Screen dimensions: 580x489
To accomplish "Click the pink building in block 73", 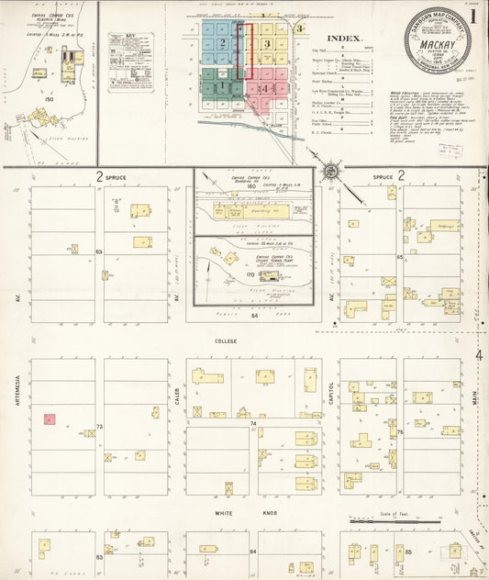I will (50, 418).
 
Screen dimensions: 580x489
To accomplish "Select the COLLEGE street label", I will (226, 340).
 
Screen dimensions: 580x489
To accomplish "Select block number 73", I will (99, 426).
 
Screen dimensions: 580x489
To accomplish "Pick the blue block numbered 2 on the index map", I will (221, 43).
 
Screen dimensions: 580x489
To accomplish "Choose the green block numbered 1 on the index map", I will (220, 86).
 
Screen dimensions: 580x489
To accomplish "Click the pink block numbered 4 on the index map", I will (264, 88).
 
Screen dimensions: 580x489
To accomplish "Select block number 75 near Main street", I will (400, 432).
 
